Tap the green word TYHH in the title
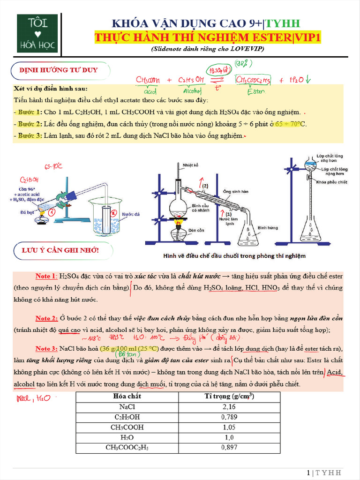284,24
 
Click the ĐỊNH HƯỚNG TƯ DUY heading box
59,70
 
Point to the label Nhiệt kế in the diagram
191,165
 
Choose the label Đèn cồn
196,230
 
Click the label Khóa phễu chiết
331,182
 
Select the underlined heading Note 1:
46,276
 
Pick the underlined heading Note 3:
46,349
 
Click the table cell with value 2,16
229,406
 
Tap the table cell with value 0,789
229,417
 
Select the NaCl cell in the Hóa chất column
127,406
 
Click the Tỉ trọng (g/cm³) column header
229,396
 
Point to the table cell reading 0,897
229,448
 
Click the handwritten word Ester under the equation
255,92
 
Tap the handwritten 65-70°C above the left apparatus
53,166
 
